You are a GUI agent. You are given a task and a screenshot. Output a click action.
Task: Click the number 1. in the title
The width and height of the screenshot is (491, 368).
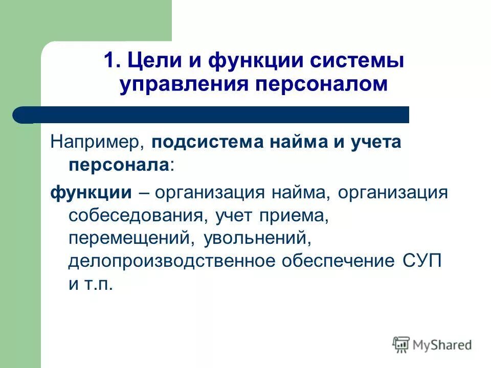tap(111, 61)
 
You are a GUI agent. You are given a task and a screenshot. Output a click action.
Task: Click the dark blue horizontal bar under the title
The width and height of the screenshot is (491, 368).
tap(215, 115)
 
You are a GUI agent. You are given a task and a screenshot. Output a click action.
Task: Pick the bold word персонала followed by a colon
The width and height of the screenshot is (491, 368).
tap(119, 165)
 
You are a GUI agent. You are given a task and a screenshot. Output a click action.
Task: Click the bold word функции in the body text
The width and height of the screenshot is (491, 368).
tap(91, 193)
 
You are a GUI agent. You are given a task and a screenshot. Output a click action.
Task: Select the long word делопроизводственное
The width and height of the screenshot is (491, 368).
tap(171, 261)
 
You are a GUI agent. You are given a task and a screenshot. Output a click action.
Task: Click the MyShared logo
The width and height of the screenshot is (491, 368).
tap(432, 345)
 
